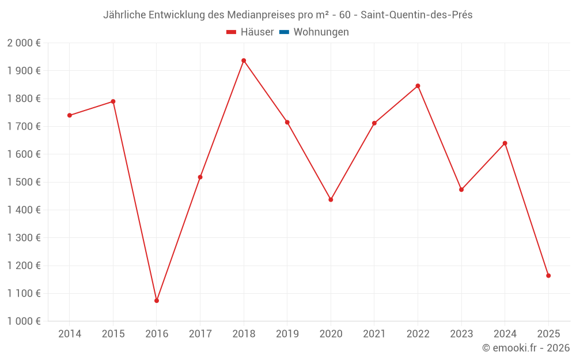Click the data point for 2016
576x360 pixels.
click(x=157, y=301)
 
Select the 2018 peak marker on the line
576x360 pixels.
click(x=244, y=60)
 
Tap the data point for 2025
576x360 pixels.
click(x=548, y=275)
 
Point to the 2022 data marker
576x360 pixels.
click(x=418, y=86)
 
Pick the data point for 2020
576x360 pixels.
click(x=331, y=199)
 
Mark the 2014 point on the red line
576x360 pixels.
click(x=70, y=115)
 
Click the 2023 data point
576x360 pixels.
click(x=461, y=190)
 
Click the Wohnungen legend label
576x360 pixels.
click(x=321, y=32)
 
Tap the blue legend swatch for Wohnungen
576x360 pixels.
click(x=284, y=32)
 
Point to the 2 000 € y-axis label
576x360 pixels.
click(x=24, y=43)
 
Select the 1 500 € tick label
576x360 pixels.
click(x=24, y=182)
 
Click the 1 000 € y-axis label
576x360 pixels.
click(x=24, y=321)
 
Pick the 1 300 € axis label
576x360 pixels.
click(x=24, y=238)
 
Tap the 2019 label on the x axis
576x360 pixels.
click(x=287, y=334)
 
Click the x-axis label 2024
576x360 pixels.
click(x=505, y=334)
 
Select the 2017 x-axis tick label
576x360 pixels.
click(x=200, y=334)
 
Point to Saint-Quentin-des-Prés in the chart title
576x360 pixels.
click(x=416, y=15)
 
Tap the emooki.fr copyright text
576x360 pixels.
click(x=526, y=348)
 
